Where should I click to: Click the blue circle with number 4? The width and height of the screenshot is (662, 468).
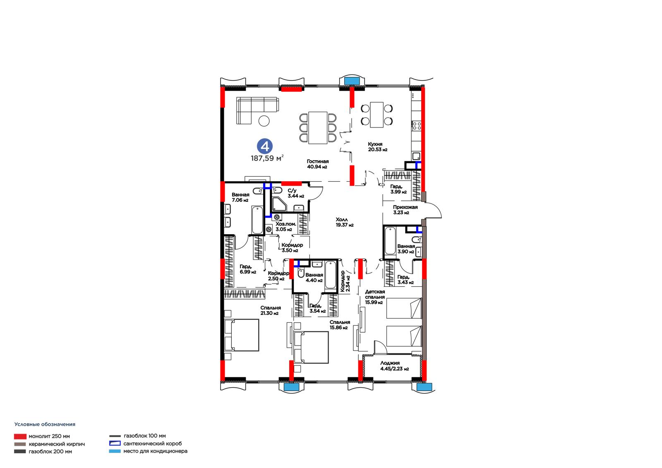click(x=264, y=146)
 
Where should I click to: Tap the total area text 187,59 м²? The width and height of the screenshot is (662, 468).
click(x=267, y=158)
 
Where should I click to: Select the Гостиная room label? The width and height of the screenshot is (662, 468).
click(x=317, y=161)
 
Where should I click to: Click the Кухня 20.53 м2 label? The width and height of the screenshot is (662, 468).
click(x=377, y=146)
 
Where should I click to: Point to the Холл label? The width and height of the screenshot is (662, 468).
click(x=342, y=220)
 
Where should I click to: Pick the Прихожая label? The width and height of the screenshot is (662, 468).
click(x=405, y=207)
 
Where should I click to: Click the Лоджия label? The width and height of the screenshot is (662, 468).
click(x=390, y=363)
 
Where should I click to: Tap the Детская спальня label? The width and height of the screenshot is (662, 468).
click(x=375, y=295)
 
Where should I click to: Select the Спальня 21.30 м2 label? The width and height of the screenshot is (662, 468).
click(x=271, y=310)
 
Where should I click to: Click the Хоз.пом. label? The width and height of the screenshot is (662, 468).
click(x=285, y=224)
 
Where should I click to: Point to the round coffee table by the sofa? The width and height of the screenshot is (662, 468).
click(x=264, y=121)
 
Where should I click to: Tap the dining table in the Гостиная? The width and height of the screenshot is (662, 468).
click(x=318, y=128)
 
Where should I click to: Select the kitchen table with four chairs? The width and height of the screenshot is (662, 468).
click(x=377, y=115)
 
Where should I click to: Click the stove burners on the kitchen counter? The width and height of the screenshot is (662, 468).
click(x=417, y=126)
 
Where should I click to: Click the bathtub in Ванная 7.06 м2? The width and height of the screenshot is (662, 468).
click(x=257, y=220)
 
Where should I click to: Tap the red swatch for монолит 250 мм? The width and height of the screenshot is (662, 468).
click(x=20, y=437)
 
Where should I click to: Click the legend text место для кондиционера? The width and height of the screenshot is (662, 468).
click(x=155, y=451)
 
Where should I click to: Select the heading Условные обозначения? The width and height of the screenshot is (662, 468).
click(x=45, y=424)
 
